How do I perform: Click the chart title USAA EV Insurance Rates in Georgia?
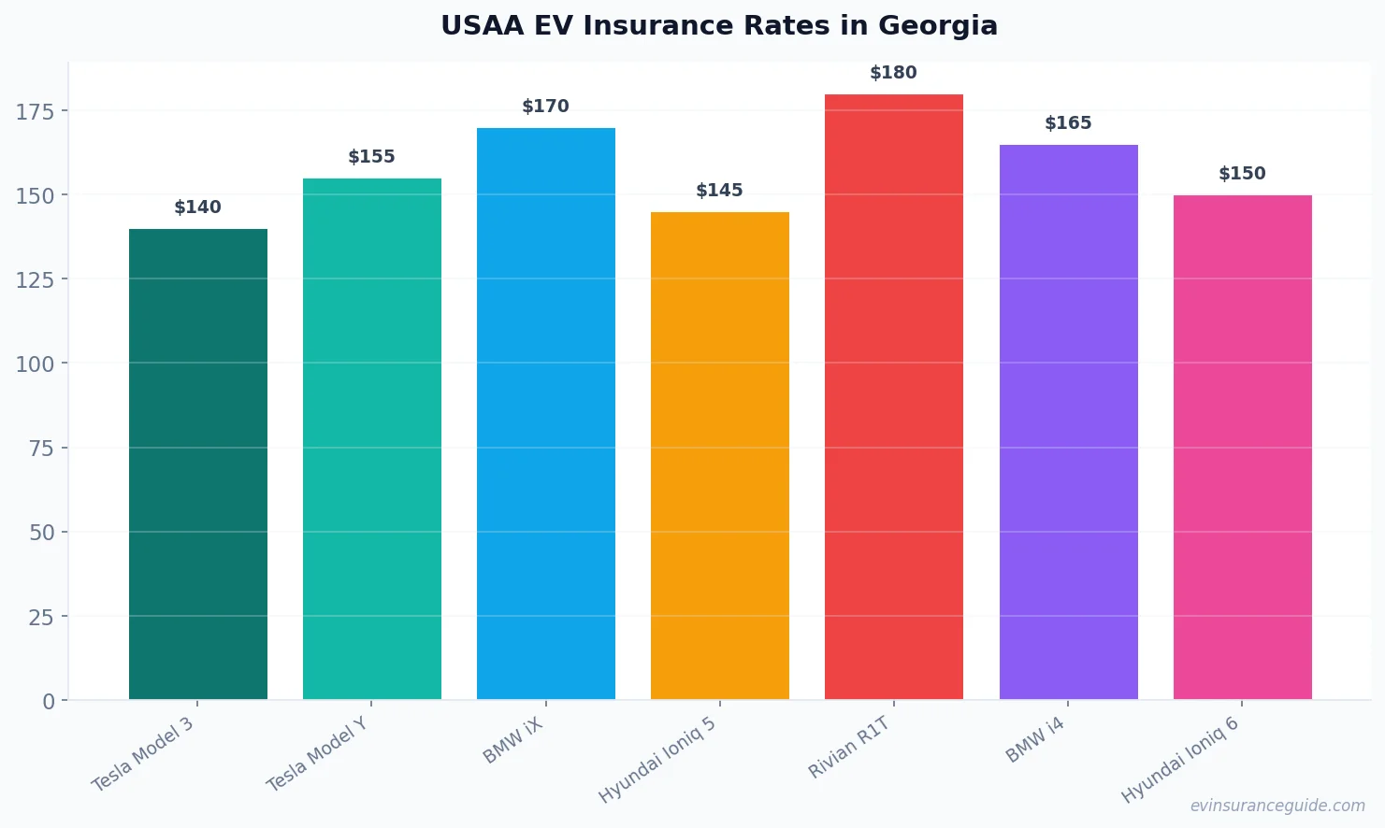click(718, 26)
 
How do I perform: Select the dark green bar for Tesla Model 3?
click(198, 464)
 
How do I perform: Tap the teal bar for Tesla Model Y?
click(372, 438)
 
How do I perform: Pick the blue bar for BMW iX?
click(546, 413)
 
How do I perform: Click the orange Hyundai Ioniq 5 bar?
click(720, 455)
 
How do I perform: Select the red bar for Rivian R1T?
click(894, 396)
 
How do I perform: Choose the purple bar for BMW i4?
click(1068, 421)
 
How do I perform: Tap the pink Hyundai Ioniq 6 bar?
click(1242, 447)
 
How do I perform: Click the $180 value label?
click(893, 73)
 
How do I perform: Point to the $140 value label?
click(197, 207)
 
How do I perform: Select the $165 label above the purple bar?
click(1068, 123)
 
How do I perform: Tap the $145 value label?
click(719, 191)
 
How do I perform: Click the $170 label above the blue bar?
click(545, 107)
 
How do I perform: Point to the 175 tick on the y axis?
click(36, 112)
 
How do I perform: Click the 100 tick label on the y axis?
click(36, 364)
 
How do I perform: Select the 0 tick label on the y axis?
click(49, 702)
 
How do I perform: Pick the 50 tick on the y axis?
click(42, 533)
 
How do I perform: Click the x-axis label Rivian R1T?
click(849, 748)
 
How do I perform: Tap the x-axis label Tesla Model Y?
click(317, 754)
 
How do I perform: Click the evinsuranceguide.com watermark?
click(1277, 806)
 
